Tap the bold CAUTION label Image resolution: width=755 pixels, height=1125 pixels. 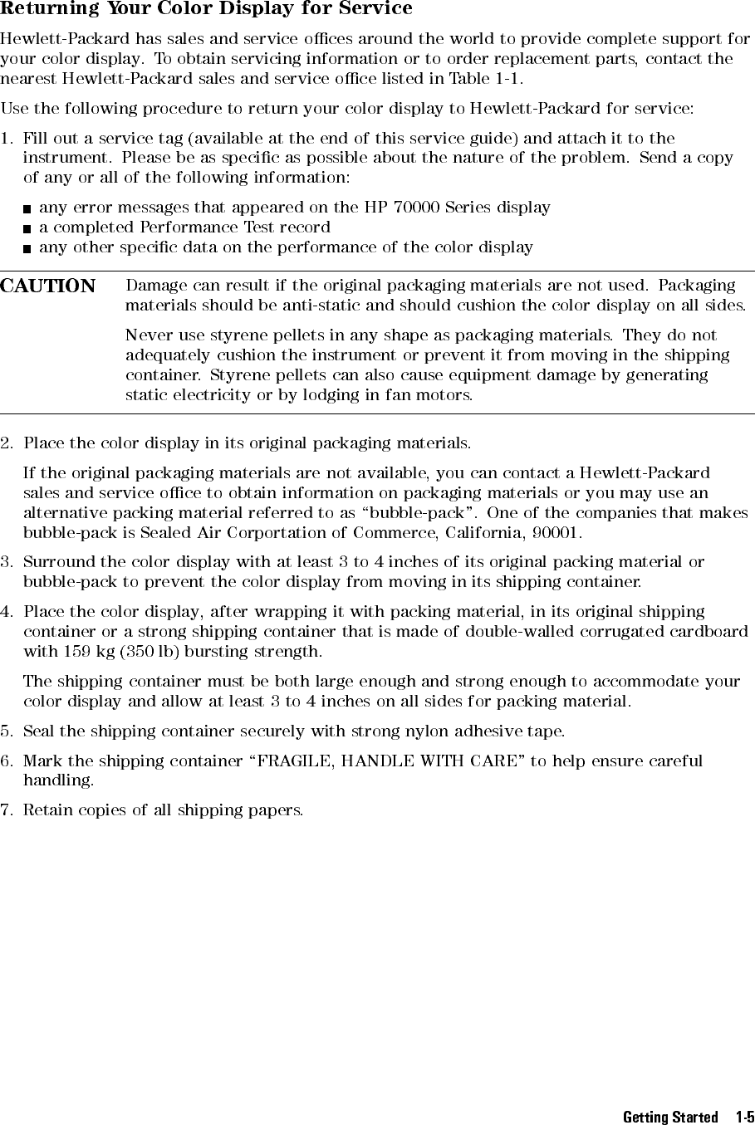pyautogui.click(x=48, y=286)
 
